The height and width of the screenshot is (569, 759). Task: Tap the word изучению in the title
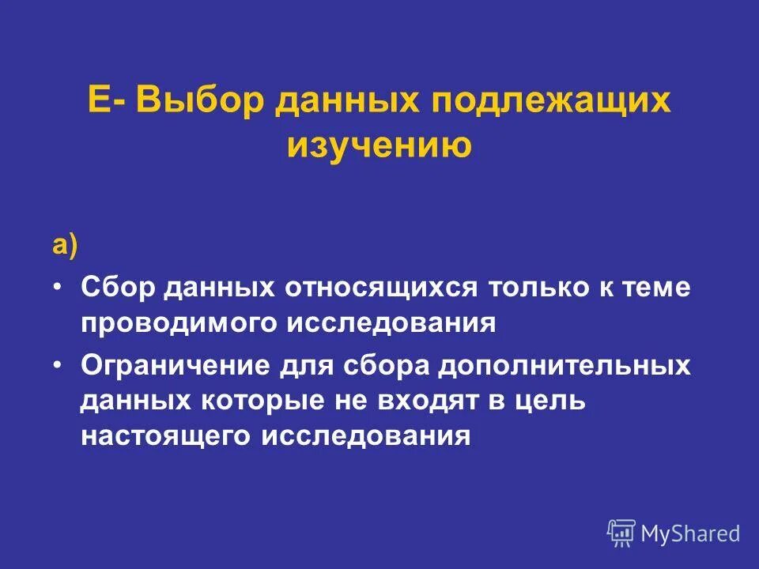click(x=379, y=145)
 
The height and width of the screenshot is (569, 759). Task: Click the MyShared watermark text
click(x=690, y=533)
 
